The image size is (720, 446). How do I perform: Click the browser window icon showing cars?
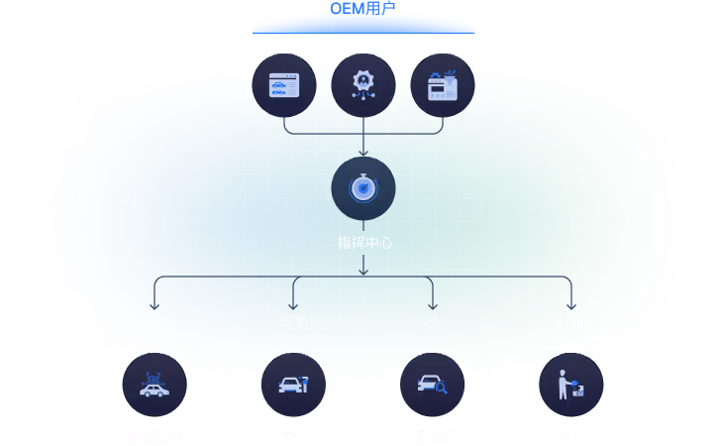284,86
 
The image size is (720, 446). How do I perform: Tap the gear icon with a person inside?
363,86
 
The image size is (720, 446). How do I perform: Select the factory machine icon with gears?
442,86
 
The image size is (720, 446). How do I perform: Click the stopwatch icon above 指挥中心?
363,188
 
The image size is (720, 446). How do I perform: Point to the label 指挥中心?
364,242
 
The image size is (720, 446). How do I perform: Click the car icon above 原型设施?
154,385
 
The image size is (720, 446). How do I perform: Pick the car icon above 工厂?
293,385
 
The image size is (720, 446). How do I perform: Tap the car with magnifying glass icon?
432,385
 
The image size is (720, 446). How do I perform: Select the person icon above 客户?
570,385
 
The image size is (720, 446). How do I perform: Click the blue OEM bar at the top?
363,26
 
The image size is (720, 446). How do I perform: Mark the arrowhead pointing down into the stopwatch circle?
363,152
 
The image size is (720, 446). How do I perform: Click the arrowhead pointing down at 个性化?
570,305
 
